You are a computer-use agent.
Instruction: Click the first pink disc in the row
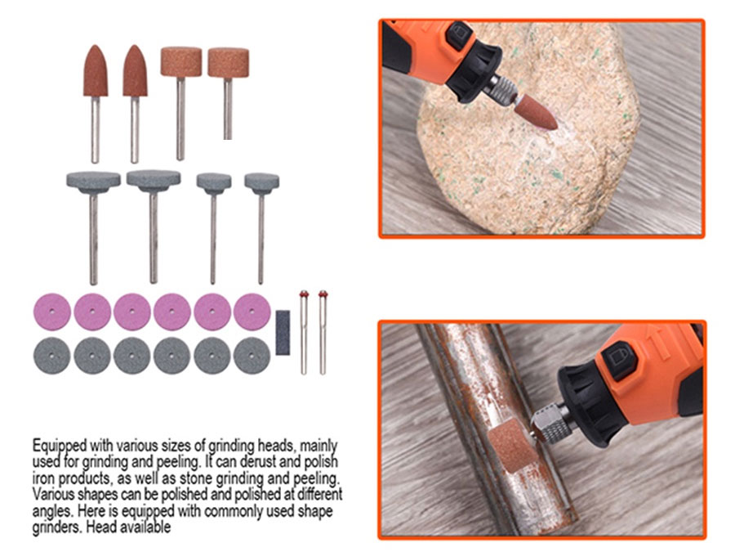(x=52, y=312)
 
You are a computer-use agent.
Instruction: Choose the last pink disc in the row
(x=252, y=312)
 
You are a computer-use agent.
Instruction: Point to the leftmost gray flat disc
(x=52, y=356)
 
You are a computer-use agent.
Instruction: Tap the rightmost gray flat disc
(x=252, y=356)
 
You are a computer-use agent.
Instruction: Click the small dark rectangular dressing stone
(x=283, y=332)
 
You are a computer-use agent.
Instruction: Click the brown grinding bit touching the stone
(x=535, y=111)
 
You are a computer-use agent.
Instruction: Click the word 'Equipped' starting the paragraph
(x=60, y=446)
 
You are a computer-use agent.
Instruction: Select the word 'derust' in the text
(x=259, y=462)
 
